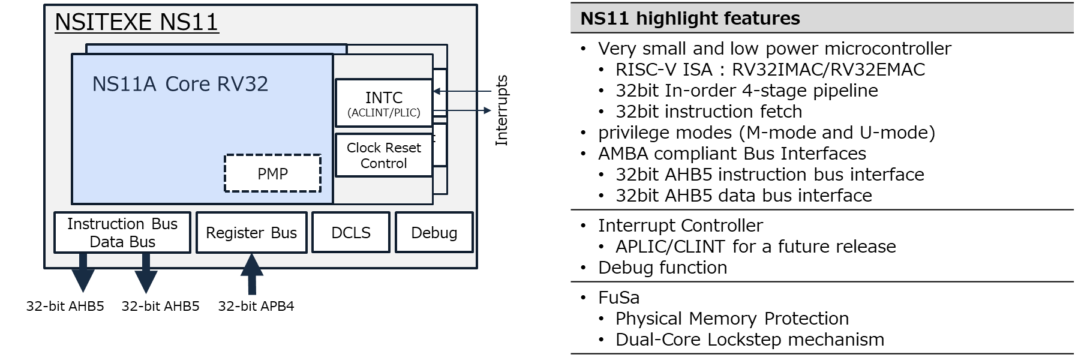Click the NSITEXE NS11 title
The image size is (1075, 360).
click(x=137, y=23)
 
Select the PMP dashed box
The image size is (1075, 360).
click(x=273, y=174)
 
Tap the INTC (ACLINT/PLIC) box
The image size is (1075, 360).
click(x=384, y=103)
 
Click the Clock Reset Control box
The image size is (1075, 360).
click(x=384, y=155)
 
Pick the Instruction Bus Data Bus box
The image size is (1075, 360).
click(x=122, y=233)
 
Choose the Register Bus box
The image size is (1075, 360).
click(x=251, y=233)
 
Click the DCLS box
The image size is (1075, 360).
click(x=351, y=233)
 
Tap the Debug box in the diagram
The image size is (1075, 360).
click(x=434, y=233)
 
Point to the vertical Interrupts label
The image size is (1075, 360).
click(x=502, y=110)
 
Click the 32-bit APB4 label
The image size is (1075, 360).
click(x=256, y=306)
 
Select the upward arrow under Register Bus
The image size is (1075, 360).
click(x=252, y=274)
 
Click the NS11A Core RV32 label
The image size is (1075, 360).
click(x=180, y=84)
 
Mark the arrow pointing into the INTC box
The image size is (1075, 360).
click(x=462, y=91)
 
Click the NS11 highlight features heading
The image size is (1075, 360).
click(x=690, y=19)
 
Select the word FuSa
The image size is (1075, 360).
click(x=618, y=298)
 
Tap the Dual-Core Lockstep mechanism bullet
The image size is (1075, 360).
click(x=749, y=340)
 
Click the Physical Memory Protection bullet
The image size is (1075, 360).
click(x=732, y=319)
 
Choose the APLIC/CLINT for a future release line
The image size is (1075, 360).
click(x=755, y=247)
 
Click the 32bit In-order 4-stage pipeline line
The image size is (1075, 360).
click(x=746, y=91)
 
